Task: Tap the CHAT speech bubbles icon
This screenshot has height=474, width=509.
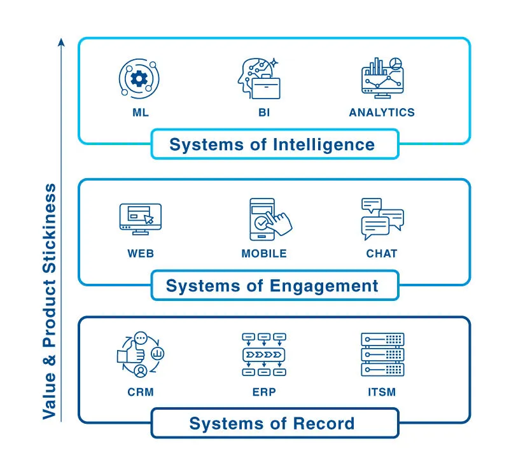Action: point(382,220)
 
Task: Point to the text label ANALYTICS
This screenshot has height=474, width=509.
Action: point(382,113)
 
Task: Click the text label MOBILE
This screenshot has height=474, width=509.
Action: point(264,253)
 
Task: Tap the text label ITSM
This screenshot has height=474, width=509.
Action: point(382,392)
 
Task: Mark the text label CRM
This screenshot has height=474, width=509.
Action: point(141,392)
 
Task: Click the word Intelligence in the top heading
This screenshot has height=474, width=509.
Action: point(324,144)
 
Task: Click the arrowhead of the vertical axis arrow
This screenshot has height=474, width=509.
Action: point(62,42)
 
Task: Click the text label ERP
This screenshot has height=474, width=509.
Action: point(263,392)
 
